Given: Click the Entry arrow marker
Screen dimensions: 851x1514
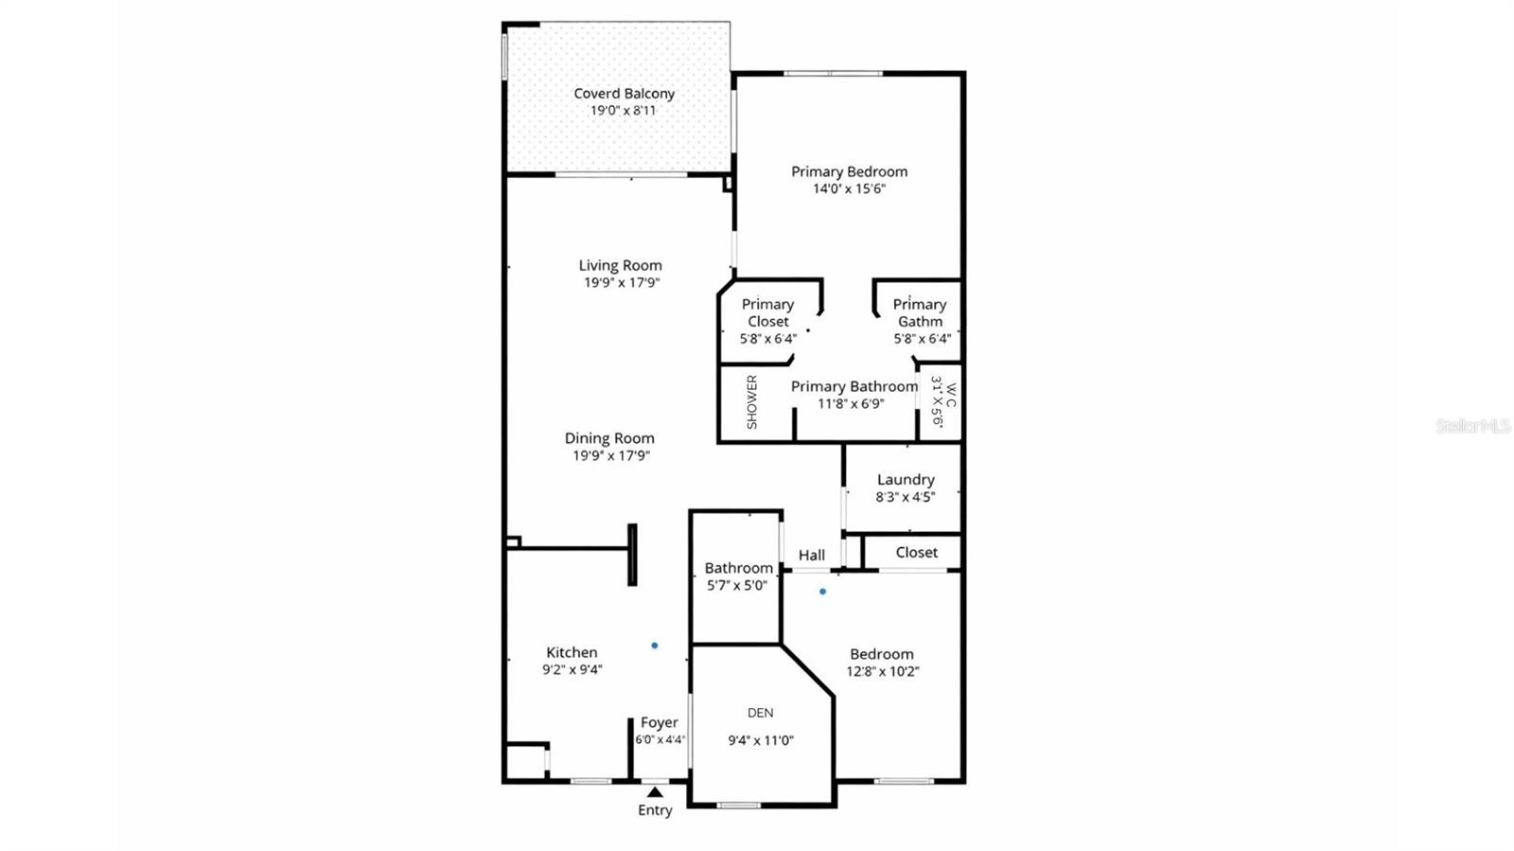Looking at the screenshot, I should coord(655,791).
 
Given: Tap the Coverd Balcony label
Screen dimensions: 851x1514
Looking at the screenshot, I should coord(624,94).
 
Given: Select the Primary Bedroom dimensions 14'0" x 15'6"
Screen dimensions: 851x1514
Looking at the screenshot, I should coord(849,188).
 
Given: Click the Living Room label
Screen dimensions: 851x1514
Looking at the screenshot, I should coord(621,266).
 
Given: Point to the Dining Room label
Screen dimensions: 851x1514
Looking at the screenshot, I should coord(609,438).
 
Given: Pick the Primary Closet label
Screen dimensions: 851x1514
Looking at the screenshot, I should coord(767,312).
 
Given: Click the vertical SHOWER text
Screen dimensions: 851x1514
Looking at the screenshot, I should coord(752,401).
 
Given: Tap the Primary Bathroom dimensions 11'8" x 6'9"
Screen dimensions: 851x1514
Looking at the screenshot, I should coord(852,403).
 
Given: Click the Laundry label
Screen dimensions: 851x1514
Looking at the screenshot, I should coord(906,480).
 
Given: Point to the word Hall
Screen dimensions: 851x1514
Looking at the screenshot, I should coord(812,556).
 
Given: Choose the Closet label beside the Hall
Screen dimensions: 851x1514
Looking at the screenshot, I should coord(917,552).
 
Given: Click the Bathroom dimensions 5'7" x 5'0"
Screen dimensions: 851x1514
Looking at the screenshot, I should coord(737,585).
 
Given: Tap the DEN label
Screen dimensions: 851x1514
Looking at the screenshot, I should coord(761,713).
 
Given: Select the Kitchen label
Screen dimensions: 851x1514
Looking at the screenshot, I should coord(572,652).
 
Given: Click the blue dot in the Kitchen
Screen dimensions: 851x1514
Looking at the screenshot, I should coord(655,646).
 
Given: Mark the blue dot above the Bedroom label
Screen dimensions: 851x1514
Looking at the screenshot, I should coord(822,592).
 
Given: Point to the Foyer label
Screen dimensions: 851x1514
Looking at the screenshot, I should coord(660,723).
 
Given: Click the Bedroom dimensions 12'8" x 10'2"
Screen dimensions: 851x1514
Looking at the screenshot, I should coord(883,672).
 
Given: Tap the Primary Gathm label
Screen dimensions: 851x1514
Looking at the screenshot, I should coord(920,312).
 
